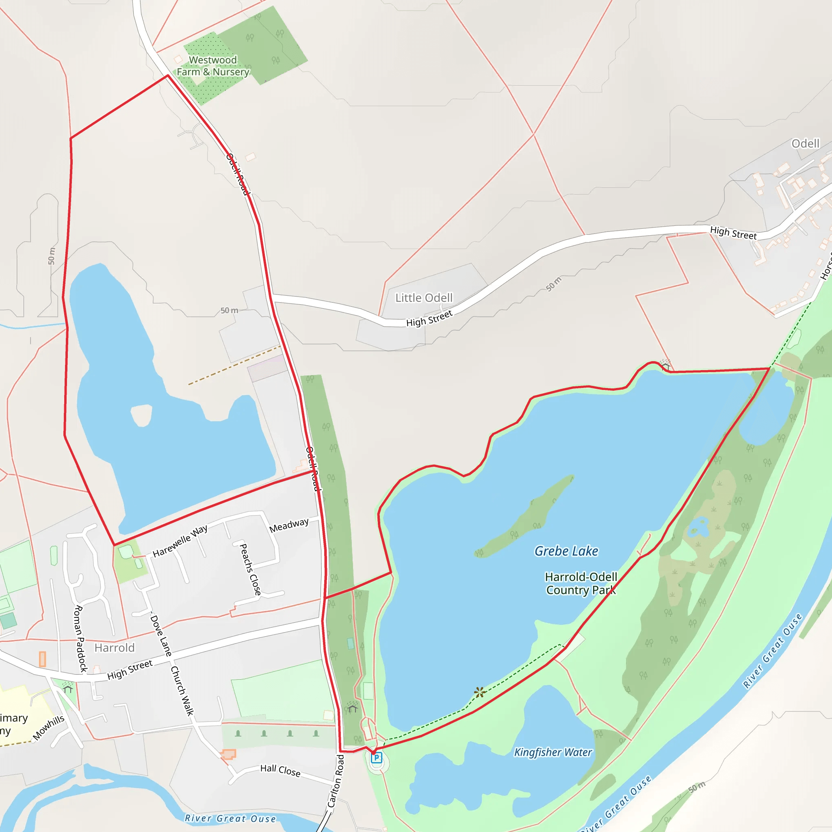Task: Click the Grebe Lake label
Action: tap(566, 551)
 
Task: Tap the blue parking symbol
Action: tap(376, 758)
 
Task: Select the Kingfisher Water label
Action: tap(553, 752)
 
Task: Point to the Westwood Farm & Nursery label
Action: tap(213, 66)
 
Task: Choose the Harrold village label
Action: tap(115, 648)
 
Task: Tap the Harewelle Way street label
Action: tap(180, 540)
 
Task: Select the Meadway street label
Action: tap(289, 525)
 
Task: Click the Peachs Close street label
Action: tap(250, 569)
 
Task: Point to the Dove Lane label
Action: tap(160, 635)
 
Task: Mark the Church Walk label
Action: tap(182, 691)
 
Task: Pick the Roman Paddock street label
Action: tap(80, 639)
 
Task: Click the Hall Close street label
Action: tap(280, 770)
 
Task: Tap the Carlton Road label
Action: tap(336, 781)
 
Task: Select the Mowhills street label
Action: tap(49, 728)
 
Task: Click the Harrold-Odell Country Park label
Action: tap(581, 583)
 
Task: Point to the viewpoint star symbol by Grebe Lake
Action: tap(480, 693)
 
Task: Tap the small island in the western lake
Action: tap(142, 415)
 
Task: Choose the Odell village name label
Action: tap(805, 143)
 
